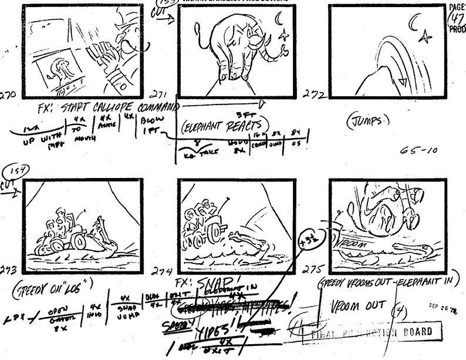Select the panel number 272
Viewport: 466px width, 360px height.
pos(312,94)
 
